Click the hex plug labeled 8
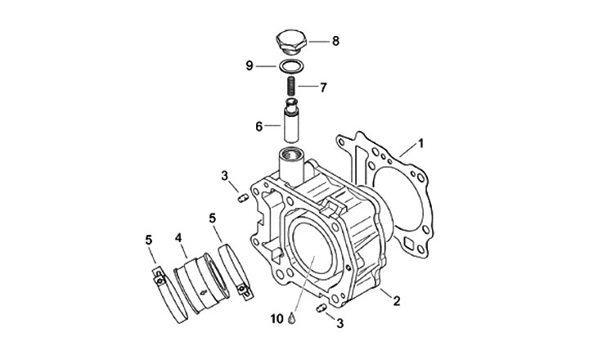291,43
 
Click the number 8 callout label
335,41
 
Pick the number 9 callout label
250,66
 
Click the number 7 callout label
323,88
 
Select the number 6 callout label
259,127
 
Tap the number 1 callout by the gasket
421,143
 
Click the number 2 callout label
397,301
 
